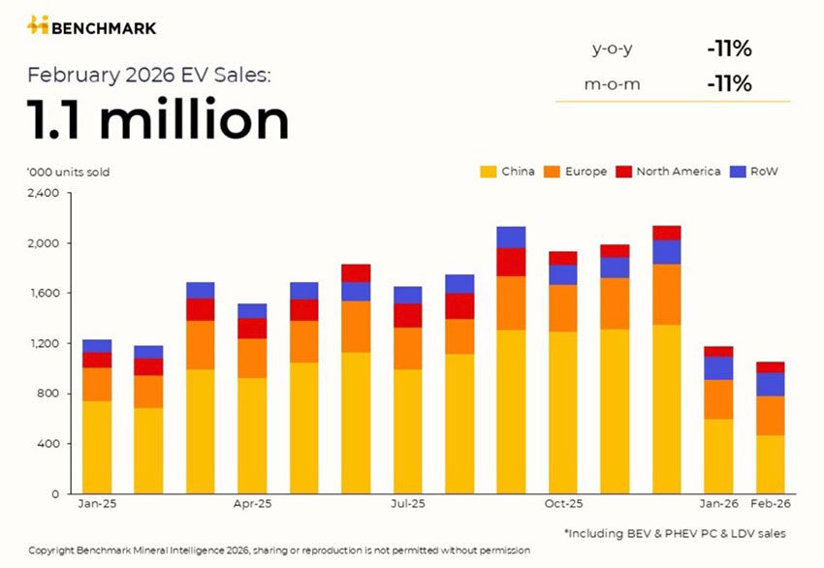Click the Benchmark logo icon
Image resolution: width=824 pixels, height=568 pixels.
coord(37,25)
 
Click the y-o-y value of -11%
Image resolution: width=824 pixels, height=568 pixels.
coord(729,47)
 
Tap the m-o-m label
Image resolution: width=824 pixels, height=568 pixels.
coord(612,84)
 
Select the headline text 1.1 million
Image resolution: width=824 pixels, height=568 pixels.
coord(158,121)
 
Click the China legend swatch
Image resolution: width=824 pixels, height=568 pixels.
coord(488,172)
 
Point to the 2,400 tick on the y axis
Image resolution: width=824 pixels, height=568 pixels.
coord(44,193)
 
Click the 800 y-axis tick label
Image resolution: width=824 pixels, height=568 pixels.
coord(49,394)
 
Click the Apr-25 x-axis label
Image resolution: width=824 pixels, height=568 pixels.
coord(252,505)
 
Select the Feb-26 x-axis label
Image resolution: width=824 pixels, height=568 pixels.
coord(771,505)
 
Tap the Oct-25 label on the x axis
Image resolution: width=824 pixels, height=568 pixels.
coord(562,505)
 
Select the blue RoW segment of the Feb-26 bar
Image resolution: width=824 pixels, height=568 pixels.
coord(770,385)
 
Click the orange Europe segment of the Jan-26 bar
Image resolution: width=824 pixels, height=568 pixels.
coord(718,399)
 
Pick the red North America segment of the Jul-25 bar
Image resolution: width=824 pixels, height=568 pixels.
coord(407,316)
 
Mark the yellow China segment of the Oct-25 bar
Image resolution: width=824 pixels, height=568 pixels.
coord(563,413)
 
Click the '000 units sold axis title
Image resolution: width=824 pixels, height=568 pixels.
coord(68,173)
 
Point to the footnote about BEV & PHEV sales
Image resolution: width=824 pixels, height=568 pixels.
coord(675,533)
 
